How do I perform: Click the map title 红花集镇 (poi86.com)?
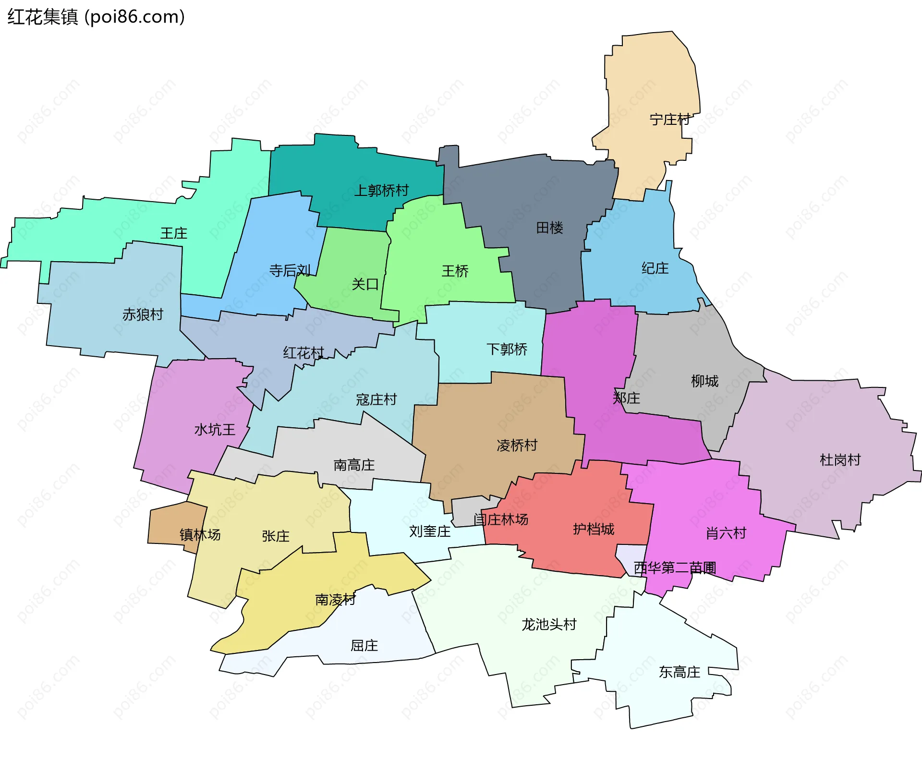coord(96,17)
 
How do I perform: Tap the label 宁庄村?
coord(670,120)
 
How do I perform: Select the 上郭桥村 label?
coord(381,191)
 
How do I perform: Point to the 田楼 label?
coord(549,228)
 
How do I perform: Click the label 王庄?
coord(173,233)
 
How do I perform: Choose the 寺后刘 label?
coord(290,271)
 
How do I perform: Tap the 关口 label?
coord(365,284)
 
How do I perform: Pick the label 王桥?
coord(455,271)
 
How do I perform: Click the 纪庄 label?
coord(655,268)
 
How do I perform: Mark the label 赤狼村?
coord(143,314)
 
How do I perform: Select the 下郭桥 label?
coord(507,349)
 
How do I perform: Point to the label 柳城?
coord(704,381)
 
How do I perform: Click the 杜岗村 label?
coord(840,460)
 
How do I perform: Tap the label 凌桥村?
coord(517,445)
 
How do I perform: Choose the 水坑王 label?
coord(215,429)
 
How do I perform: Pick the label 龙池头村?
coord(549,624)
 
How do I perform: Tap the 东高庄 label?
coord(679,672)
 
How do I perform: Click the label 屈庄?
coord(364,646)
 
